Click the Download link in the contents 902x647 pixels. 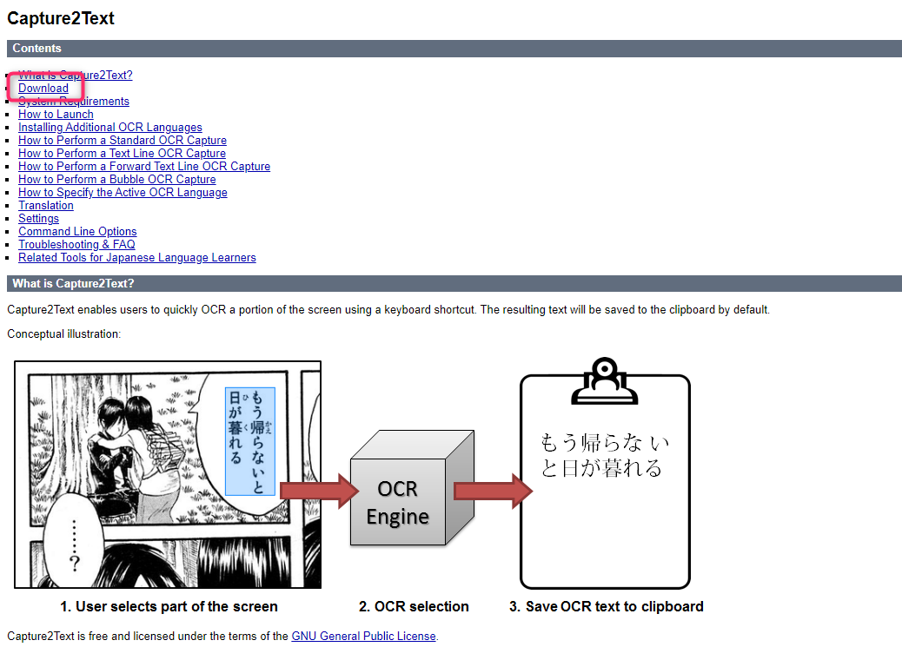tap(43, 88)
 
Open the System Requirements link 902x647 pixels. tap(74, 101)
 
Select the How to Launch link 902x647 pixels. tap(56, 114)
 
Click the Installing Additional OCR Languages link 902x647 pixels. tap(110, 127)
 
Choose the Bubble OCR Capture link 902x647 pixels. tap(117, 179)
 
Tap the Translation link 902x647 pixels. tap(46, 205)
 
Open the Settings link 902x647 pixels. tap(39, 218)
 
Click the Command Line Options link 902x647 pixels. tap(77, 231)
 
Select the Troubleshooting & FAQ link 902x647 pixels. tap(76, 244)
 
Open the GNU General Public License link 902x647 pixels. tap(363, 636)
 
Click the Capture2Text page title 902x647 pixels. tap(61, 18)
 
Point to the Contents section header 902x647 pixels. tap(37, 49)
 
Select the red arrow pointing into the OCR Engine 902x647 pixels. tap(318, 491)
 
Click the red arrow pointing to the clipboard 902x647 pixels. tap(492, 491)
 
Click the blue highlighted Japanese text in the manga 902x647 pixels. tap(249, 441)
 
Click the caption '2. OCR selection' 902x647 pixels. tap(414, 606)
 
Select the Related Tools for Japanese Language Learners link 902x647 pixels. tap(137, 257)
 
